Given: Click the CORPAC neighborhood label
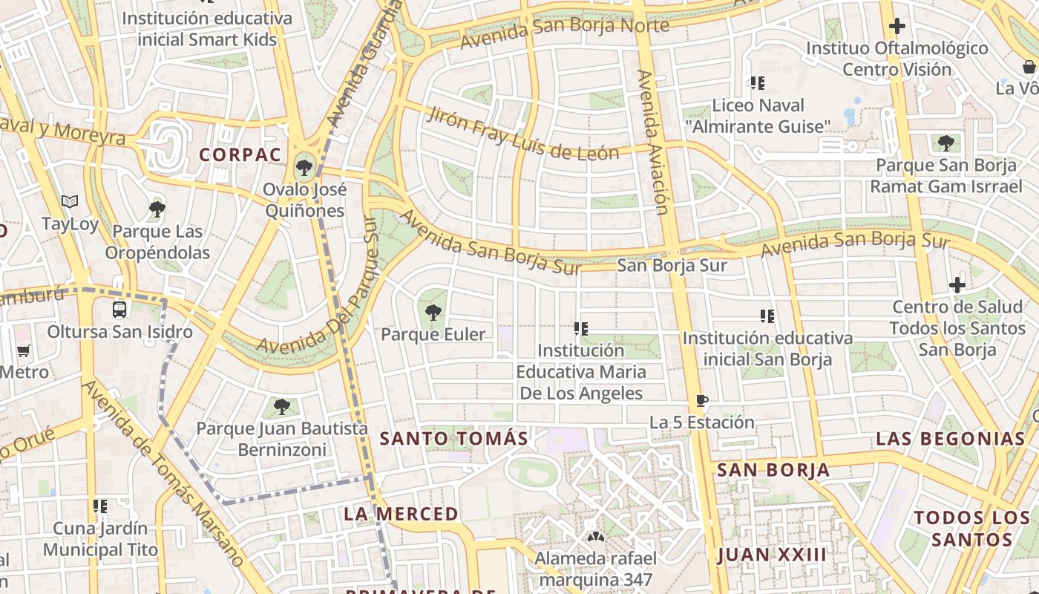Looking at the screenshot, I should click(240, 155).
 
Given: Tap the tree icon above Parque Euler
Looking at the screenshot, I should click(433, 313).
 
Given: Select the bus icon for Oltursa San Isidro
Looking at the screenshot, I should click(119, 310).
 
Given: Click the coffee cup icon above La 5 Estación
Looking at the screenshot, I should click(701, 401).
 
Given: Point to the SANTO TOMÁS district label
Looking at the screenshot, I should click(454, 439).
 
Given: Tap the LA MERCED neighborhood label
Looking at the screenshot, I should click(401, 514).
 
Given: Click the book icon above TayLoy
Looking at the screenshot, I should click(70, 202).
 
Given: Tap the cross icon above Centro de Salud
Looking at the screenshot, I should click(957, 285).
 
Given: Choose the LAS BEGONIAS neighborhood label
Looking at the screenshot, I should click(950, 439).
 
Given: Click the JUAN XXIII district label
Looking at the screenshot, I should click(772, 555).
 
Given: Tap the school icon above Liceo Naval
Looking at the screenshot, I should click(757, 83).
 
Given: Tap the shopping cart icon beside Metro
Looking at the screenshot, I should click(24, 350).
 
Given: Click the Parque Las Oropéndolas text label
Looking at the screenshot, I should click(157, 242).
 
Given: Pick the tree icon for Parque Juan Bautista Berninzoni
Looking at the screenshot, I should click(281, 407).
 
